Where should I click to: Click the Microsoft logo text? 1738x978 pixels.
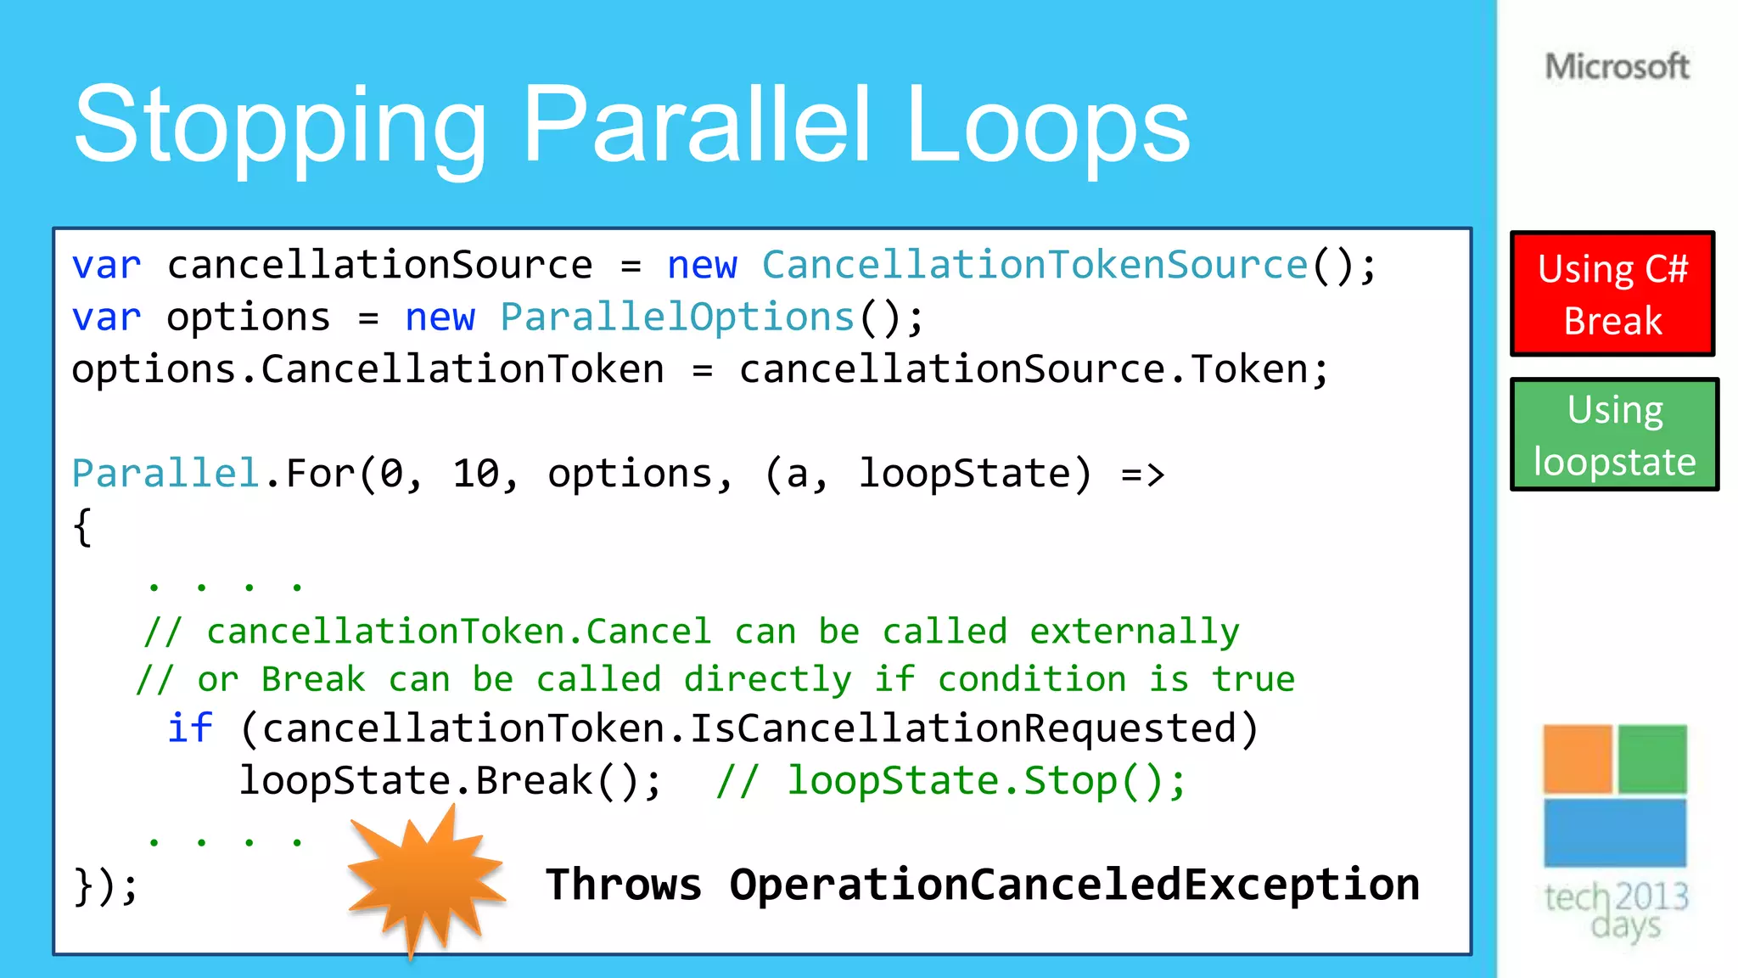1617,66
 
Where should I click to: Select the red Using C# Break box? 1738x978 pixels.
1612,294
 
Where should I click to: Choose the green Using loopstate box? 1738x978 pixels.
1614,435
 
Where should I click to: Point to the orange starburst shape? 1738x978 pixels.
424,879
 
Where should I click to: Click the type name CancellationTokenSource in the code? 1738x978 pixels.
1034,266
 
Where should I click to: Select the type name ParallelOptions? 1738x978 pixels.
676,318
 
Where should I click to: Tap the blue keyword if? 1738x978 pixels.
189,728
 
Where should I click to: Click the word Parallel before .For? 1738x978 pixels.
165,474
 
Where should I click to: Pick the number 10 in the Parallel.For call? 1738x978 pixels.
480,474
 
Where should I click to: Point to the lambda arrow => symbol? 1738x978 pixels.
1142,474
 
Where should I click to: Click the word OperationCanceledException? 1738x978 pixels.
1074,885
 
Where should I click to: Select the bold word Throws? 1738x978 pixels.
624,885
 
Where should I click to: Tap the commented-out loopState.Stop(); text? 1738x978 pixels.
986,781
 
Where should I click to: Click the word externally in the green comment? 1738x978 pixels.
1135,632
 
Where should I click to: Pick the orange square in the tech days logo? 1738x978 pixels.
1577,758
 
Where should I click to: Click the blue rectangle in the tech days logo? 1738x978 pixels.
1614,832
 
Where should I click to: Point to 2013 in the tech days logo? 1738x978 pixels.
1651,896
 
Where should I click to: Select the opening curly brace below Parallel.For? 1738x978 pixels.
82,527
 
